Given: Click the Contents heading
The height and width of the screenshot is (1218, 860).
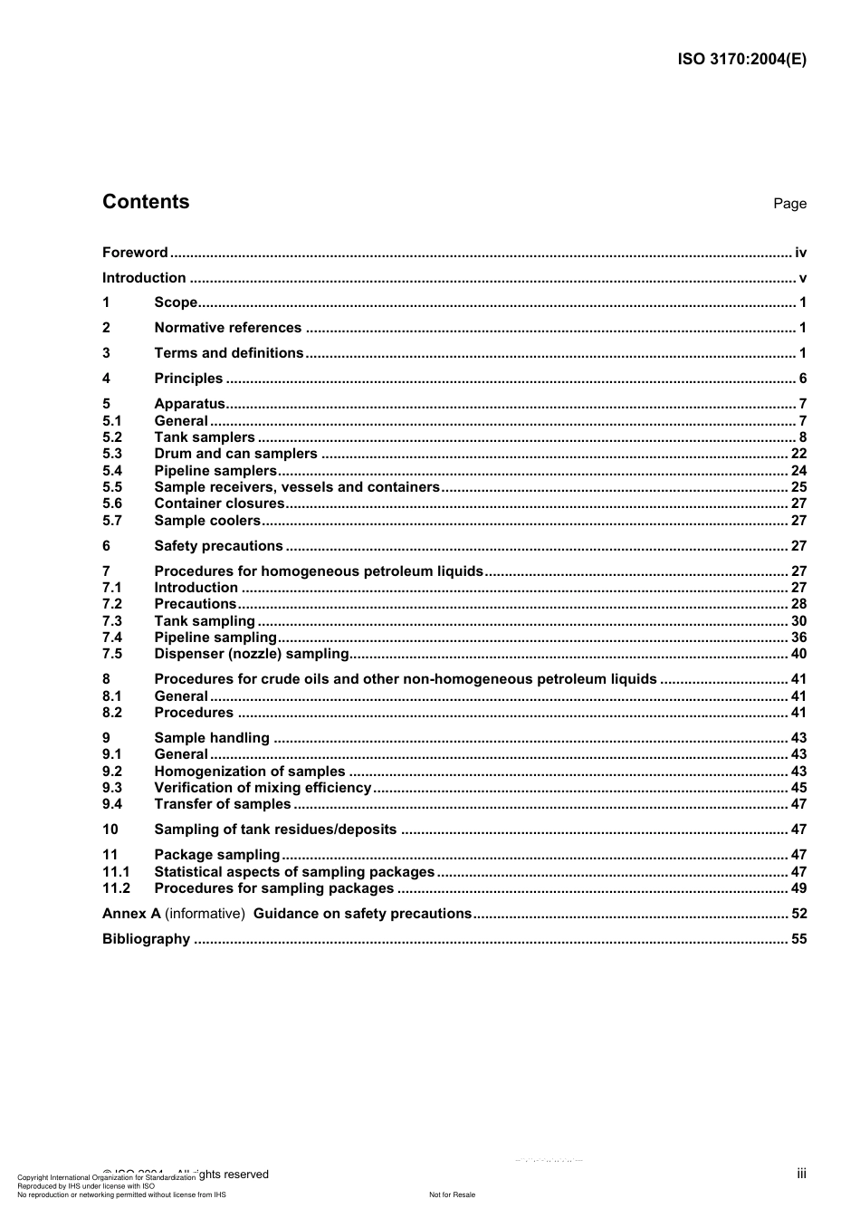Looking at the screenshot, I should click(x=146, y=202).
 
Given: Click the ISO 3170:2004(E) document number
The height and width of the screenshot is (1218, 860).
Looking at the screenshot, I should click(x=741, y=60).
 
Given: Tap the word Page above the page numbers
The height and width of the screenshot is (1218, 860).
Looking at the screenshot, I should click(x=789, y=204).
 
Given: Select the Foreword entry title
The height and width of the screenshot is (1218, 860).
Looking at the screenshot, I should click(x=135, y=253).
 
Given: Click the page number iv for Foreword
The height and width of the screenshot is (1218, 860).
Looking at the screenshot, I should click(x=800, y=253).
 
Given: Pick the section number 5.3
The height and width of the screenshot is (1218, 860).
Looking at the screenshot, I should click(x=112, y=454).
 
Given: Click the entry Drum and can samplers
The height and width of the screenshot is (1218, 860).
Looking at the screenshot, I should click(x=235, y=454).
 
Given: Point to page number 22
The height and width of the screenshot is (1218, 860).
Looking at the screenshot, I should click(x=798, y=454).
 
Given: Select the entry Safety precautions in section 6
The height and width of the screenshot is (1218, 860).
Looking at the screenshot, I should click(x=218, y=546).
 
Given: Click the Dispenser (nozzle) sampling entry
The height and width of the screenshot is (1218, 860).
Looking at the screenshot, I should click(x=252, y=654).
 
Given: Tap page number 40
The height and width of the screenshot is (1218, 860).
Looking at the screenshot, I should click(x=798, y=654).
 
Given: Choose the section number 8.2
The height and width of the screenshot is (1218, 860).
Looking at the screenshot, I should click(x=112, y=713).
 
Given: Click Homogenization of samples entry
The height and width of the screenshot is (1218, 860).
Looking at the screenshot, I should click(x=250, y=772).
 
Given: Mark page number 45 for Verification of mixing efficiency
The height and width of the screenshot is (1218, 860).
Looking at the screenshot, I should click(x=798, y=788).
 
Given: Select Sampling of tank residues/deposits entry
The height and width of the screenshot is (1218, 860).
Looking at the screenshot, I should click(x=275, y=830).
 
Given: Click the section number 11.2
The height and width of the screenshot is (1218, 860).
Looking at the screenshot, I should click(x=116, y=888).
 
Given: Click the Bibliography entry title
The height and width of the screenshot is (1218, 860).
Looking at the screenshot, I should click(x=146, y=939).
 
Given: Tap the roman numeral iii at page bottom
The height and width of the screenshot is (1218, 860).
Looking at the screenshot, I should click(x=801, y=1174).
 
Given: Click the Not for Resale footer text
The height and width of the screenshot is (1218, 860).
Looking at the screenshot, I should click(x=452, y=1195).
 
